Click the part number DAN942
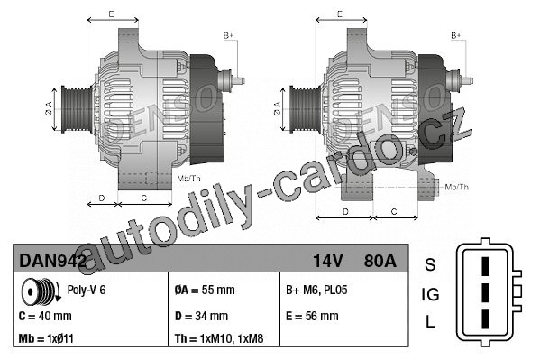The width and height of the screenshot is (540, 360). click(52, 261)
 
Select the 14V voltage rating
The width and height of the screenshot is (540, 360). click(327, 261)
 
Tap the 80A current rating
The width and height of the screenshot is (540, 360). click(380, 261)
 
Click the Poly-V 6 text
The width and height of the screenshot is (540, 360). click(87, 290)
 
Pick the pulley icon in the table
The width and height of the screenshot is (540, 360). click(41, 291)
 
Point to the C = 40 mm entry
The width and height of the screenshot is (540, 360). click(45, 316)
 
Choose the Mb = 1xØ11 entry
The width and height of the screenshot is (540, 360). click(46, 338)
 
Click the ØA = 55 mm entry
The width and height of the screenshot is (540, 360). click(205, 290)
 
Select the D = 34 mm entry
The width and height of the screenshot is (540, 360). click(201, 316)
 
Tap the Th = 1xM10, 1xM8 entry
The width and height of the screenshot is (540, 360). click(219, 338)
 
